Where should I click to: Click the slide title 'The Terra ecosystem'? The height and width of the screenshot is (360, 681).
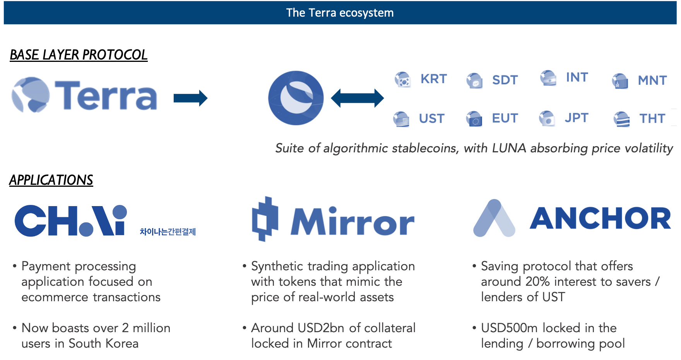pos(340,13)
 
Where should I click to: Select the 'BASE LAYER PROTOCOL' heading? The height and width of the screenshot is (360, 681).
pos(79,55)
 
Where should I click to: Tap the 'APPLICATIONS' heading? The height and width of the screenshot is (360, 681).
pos(51,180)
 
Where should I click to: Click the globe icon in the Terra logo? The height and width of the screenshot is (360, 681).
pos(30,95)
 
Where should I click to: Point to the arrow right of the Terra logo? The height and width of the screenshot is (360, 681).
pos(190,98)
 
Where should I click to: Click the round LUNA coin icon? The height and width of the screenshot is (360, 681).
pos(296,98)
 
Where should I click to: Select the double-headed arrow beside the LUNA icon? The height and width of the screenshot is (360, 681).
pos(357,98)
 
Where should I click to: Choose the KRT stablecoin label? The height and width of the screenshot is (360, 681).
pos(433,79)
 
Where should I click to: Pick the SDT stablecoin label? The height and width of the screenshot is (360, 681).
pos(505,80)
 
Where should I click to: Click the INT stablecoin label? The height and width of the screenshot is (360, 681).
pos(577,77)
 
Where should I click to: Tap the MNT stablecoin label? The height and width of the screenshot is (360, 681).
pos(652,80)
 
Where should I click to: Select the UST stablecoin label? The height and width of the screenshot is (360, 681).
pos(431,118)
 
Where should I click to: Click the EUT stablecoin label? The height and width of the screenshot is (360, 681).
pos(505,118)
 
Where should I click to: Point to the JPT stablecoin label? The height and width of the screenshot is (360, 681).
pos(576,118)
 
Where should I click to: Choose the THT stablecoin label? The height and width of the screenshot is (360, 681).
pos(652,118)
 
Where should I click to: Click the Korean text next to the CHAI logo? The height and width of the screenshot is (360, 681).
pos(168,232)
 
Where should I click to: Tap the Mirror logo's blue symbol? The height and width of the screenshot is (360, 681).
pos(265,219)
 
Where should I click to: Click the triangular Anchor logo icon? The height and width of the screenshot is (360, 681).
pos(494,218)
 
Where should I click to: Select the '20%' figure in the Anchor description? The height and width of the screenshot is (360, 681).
pos(537,282)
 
